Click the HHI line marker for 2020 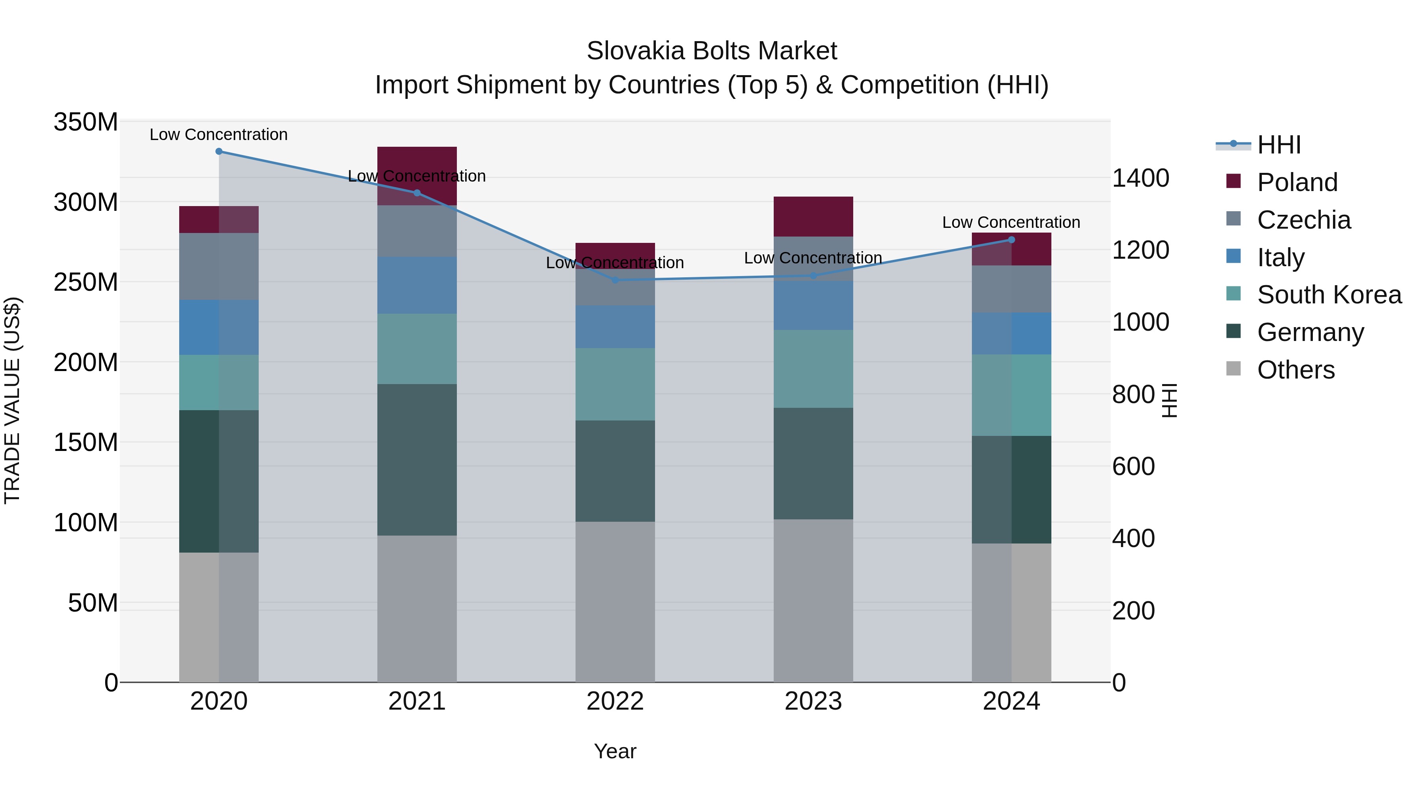point(219,151)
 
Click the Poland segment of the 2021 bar point(417,166)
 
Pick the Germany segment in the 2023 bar point(813,463)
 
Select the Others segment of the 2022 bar point(615,601)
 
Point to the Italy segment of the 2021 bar point(417,285)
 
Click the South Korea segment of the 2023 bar point(813,369)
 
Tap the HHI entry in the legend point(1278,145)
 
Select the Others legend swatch point(1233,369)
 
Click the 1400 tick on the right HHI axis point(1140,178)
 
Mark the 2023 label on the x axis point(813,701)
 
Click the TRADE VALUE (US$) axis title point(12,400)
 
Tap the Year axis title point(615,751)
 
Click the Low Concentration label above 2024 point(1011,222)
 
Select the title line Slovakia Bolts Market point(712,51)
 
